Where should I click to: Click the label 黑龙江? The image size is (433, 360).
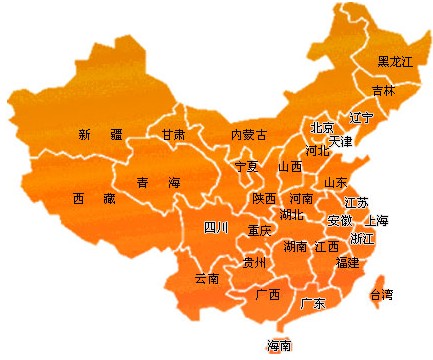(395, 62)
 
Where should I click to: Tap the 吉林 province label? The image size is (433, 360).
(383, 90)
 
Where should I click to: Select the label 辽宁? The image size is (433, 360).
(361, 118)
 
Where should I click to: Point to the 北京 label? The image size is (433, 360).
(322, 128)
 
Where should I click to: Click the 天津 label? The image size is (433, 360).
(340, 141)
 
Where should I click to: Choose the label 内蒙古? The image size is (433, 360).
(249, 135)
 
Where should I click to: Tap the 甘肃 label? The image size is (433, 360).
(173, 134)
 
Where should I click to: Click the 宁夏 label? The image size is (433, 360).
(246, 166)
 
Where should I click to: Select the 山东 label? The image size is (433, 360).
(335, 183)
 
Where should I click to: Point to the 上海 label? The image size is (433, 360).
(377, 220)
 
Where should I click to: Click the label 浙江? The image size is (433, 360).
(362, 239)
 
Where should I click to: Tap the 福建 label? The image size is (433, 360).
(347, 262)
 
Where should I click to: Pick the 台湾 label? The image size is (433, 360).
(381, 295)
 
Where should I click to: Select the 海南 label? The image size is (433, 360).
(279, 346)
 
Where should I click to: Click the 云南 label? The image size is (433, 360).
(207, 278)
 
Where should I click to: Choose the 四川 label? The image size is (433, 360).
(216, 227)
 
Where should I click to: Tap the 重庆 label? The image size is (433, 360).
(259, 231)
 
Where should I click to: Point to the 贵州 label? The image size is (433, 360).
(254, 263)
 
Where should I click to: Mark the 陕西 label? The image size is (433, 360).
(264, 199)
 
